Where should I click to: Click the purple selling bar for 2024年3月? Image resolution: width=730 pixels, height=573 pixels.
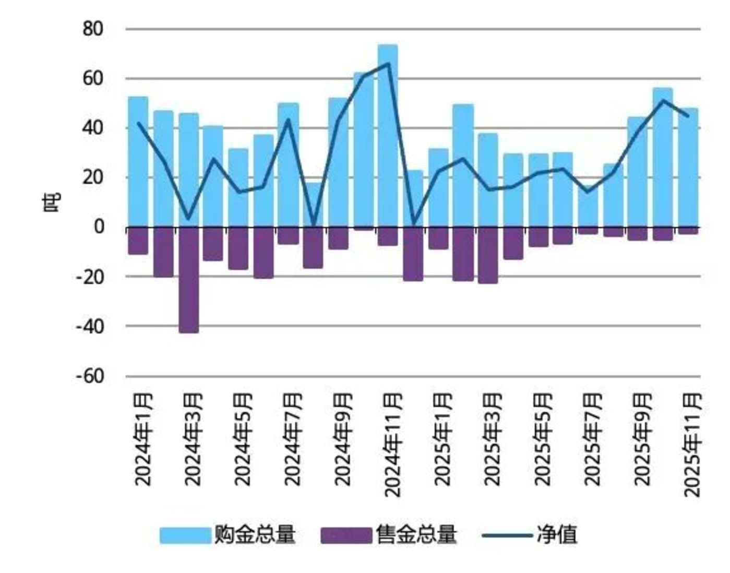[188, 280]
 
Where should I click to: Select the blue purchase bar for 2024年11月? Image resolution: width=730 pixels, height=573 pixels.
[388, 136]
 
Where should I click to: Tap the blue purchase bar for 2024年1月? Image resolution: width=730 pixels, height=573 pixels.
[138, 162]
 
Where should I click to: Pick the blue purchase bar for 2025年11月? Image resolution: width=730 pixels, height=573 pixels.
[688, 167]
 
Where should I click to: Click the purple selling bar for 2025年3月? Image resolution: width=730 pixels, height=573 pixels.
[488, 255]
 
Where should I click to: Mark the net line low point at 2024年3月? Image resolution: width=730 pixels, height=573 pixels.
[188, 218]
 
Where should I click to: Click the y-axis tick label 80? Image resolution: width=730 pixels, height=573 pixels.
[93, 29]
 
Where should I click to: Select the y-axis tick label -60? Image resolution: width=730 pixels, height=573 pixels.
[90, 376]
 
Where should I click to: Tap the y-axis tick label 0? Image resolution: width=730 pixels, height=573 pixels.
[99, 227]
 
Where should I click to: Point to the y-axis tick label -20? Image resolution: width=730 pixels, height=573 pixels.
[90, 277]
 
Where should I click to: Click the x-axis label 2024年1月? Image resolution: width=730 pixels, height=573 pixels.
[143, 439]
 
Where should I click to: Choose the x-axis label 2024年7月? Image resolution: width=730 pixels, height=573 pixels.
[293, 439]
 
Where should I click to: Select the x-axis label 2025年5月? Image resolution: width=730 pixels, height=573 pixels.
[543, 439]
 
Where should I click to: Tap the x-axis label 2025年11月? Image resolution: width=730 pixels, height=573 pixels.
[692, 444]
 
